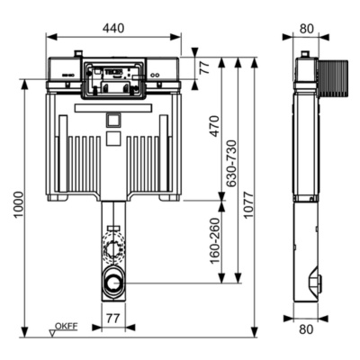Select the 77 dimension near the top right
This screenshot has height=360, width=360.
pyautogui.click(x=204, y=67)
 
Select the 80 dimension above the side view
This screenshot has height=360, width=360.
pyautogui.click(x=307, y=28)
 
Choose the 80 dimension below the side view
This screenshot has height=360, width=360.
pyautogui.click(x=307, y=329)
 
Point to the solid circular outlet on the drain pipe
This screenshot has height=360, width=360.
pyautogui.click(x=113, y=282)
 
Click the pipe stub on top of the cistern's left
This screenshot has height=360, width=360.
pyautogui.click(x=78, y=53)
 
